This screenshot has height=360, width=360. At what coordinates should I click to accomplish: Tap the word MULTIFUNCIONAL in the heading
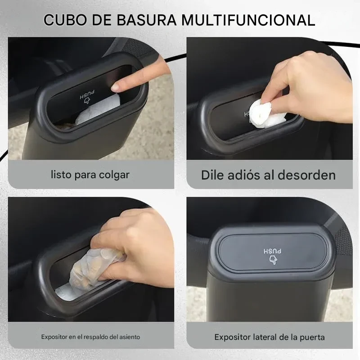tap(248, 20)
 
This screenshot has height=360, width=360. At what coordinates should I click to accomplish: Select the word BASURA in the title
tap(147, 20)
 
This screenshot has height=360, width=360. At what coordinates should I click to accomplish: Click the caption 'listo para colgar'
tap(90, 175)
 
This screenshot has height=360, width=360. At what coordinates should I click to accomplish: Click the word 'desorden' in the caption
tap(307, 175)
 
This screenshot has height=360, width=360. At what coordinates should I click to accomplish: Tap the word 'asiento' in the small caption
tap(130, 337)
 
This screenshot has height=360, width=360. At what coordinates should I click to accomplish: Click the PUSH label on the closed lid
tap(273, 251)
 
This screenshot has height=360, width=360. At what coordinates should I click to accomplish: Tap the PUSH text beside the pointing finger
tap(87, 94)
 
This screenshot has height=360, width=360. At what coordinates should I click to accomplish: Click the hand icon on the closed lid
tap(273, 260)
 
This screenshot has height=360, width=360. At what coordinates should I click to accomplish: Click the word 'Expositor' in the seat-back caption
tap(54, 337)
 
